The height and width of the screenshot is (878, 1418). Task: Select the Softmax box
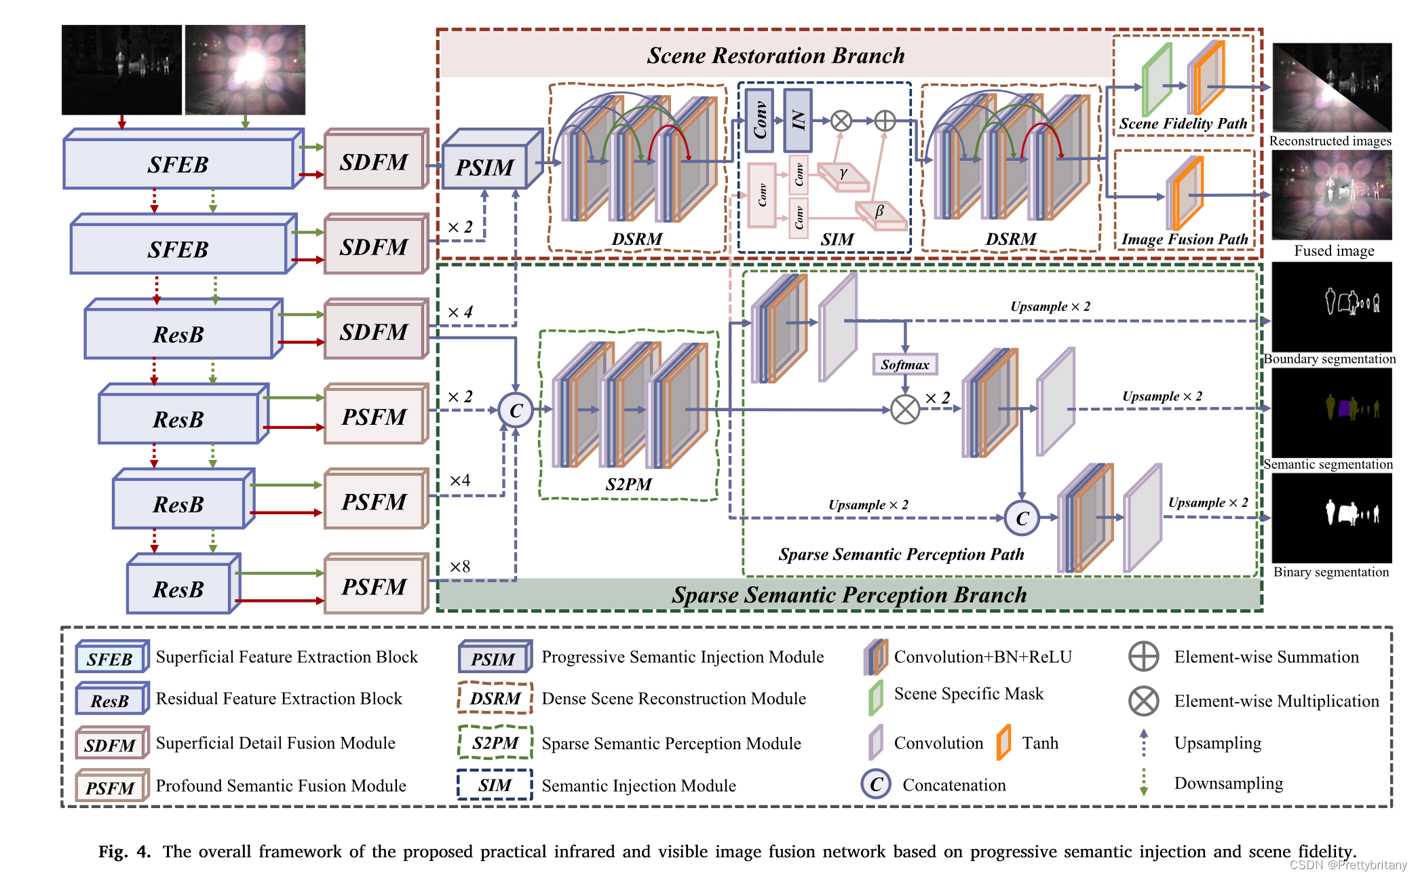coord(904,364)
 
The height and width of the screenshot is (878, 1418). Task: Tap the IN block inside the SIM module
coord(798,121)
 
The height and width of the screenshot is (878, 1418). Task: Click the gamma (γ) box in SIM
coord(843,176)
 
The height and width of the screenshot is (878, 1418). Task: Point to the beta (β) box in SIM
coord(880,213)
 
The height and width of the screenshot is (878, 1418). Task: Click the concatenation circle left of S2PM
coord(516,410)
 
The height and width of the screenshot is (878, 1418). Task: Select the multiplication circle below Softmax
coord(904,409)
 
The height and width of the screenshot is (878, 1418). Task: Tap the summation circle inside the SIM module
coord(885,121)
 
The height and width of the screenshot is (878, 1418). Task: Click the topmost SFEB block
coord(179,164)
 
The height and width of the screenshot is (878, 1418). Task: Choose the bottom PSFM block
coord(375,586)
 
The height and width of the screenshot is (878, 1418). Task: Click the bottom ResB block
coord(179,588)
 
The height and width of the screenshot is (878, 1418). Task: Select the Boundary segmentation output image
coord(1331,307)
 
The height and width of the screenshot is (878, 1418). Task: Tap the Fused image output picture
coord(1331,195)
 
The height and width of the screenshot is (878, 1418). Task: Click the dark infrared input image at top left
coord(121,70)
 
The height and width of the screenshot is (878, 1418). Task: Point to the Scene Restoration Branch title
coord(775,55)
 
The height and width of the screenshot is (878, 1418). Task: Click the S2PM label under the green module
coord(628,484)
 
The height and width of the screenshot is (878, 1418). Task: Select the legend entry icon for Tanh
coord(1003,742)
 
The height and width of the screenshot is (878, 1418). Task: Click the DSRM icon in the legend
coord(495,698)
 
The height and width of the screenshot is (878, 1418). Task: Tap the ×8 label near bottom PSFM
coord(460,567)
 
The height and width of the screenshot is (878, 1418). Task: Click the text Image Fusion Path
coord(1184,239)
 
